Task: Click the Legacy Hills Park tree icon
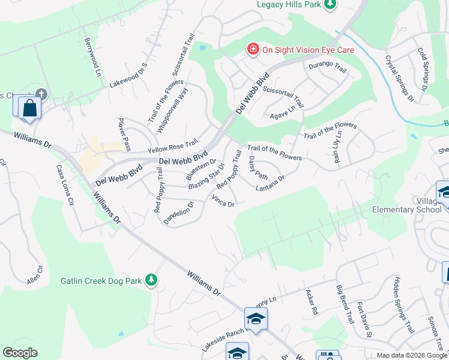pos(329,5)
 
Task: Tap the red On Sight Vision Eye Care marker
pos(253,50)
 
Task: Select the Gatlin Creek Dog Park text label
pos(101,280)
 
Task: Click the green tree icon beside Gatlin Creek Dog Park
pos(152,280)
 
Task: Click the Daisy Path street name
pos(258,167)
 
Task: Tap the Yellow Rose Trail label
pos(173,145)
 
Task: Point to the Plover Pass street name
pos(124,134)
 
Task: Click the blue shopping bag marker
pos(29,109)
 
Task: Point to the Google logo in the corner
pos(19,353)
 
